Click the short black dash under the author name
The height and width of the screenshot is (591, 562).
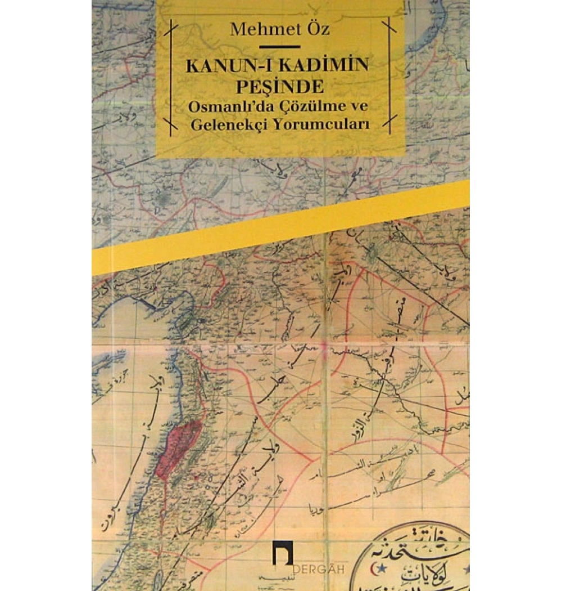point(279,47)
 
